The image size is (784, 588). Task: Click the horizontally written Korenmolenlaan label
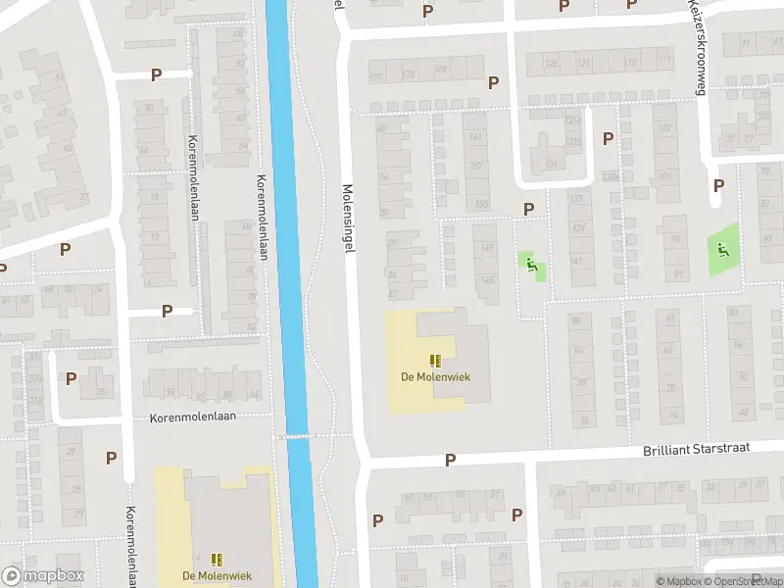193,417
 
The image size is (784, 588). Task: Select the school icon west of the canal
217,560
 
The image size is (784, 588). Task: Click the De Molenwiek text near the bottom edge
217,575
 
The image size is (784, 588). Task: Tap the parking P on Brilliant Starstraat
451,459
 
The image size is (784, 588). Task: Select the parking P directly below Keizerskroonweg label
718,184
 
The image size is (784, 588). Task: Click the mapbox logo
43,576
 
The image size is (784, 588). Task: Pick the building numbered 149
486,247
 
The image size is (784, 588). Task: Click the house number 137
578,229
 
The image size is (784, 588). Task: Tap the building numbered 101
665,177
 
